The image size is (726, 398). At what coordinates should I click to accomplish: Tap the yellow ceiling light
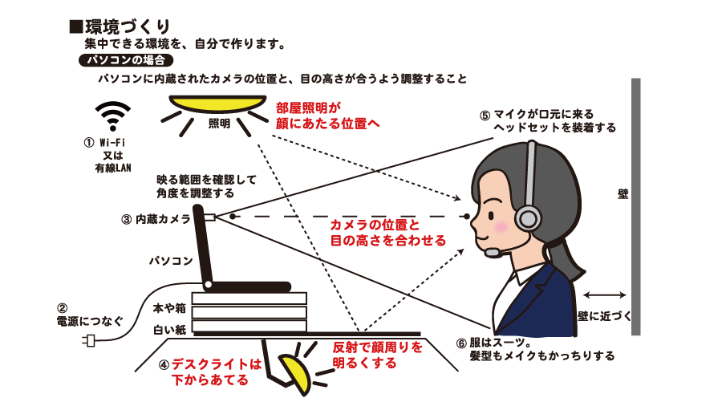point(217,105)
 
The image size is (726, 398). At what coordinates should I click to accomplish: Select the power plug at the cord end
point(90,342)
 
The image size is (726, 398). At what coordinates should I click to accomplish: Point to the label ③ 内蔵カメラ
point(156,218)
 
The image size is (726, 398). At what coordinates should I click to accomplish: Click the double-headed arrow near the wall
point(605,294)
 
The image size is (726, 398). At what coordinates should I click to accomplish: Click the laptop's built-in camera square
point(209,217)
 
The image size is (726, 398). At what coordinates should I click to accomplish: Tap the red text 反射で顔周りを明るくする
point(365,355)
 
